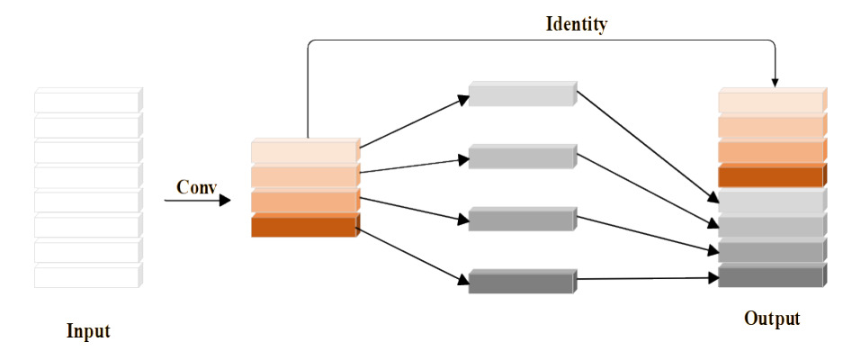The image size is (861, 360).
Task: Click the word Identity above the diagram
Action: click(576, 24)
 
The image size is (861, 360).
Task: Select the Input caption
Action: click(88, 331)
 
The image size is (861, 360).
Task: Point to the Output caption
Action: click(772, 319)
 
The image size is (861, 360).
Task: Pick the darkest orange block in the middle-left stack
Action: click(304, 227)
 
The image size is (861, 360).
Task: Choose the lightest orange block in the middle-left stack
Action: click(304, 151)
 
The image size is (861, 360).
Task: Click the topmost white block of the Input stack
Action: click(87, 101)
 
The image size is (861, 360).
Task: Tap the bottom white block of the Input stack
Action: click(87, 276)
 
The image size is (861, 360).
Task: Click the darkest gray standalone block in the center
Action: click(521, 282)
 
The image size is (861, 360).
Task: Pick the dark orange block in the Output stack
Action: click(771, 176)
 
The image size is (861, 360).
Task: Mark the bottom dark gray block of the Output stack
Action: click(771, 276)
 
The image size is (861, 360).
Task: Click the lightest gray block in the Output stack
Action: click(771, 202)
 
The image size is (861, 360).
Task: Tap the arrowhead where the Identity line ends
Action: click(775, 82)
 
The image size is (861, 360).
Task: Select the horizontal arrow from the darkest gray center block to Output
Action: click(646, 280)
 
